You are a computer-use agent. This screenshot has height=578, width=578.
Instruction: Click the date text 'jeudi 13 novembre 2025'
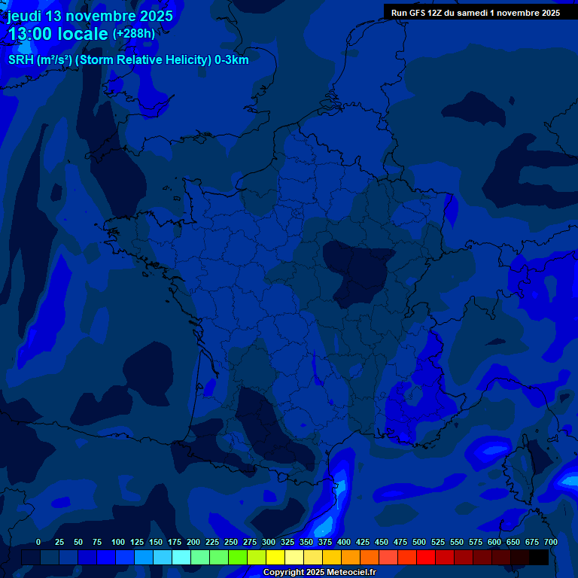pos(90,16)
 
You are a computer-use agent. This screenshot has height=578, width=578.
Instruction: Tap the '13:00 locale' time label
pos(59,34)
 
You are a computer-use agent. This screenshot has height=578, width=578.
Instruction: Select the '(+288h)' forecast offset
pos(134,33)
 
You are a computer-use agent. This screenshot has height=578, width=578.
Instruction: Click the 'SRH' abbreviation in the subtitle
pos(21,60)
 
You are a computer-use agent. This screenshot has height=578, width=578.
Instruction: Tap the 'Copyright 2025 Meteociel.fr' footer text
pos(319,572)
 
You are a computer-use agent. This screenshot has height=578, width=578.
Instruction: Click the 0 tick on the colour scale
pos(38,542)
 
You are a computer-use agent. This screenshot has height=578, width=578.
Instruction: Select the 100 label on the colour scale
pos(118,542)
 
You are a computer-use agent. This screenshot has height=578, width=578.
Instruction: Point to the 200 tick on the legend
pos(193,542)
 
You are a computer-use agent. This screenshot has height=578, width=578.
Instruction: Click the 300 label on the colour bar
pos(269,542)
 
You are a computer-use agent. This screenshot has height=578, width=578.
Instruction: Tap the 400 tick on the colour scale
pos(344,542)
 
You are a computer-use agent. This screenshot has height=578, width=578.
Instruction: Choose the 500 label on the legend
pos(419,542)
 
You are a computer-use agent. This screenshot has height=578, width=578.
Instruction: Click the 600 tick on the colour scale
pos(494,542)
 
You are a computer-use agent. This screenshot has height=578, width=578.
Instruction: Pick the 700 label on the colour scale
pos(551,542)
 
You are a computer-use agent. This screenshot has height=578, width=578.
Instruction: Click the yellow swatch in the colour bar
pos(275,557)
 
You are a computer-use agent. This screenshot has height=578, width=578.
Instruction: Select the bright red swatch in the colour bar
pos(426,557)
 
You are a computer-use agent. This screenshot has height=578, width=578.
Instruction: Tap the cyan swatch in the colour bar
pos(181,557)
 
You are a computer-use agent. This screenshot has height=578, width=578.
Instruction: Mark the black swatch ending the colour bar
pos(539,557)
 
